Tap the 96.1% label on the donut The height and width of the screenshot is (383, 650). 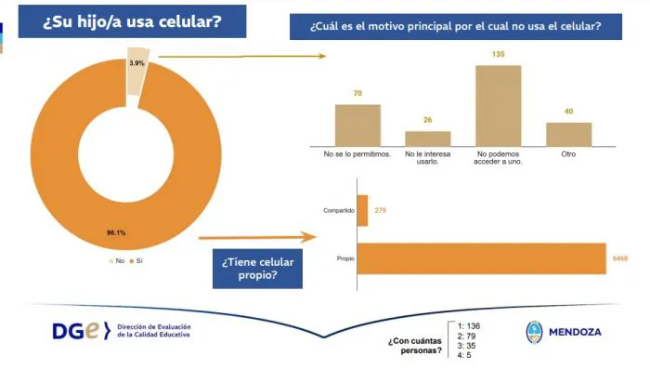tap(115, 231)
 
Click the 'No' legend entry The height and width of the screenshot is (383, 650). tap(115, 261)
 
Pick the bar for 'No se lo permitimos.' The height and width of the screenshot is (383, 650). tap(357, 125)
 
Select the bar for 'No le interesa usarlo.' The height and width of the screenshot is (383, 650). tap(427, 138)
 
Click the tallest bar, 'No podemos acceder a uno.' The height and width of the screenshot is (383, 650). tap(498, 105)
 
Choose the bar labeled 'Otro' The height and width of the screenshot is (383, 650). tap(568, 134)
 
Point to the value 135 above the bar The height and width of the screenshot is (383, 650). tap(498, 55)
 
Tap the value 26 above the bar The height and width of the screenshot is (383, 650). tap(427, 120)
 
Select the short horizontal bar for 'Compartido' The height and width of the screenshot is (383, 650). tap(362, 210)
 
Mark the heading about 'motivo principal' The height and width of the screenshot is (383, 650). tap(455, 26)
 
